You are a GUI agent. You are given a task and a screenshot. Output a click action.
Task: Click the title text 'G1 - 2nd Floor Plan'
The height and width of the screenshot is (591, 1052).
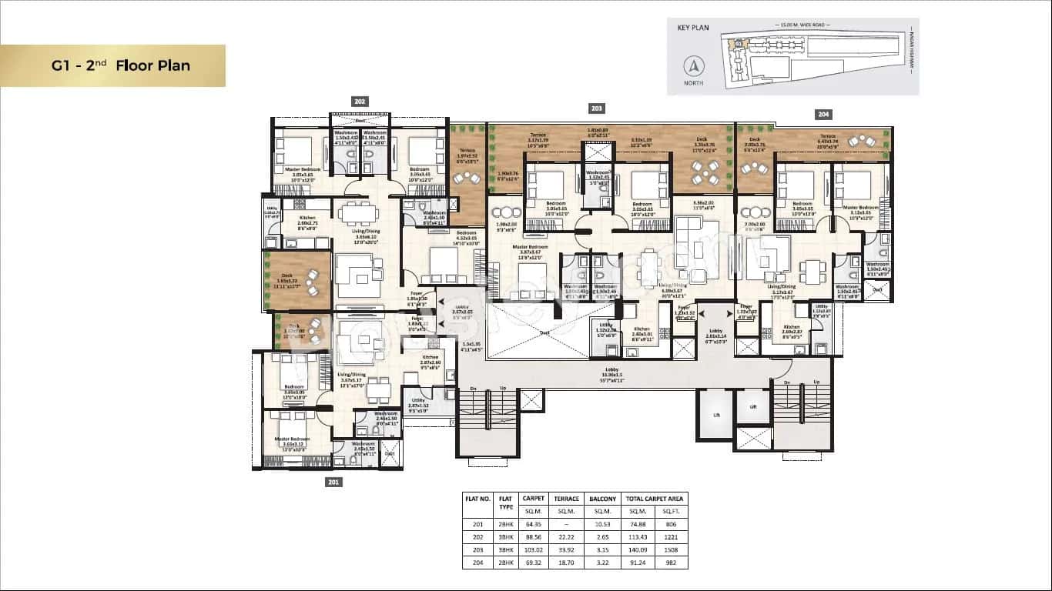tap(121, 65)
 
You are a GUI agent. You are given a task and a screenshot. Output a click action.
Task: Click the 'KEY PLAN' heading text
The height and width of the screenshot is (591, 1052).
tap(692, 28)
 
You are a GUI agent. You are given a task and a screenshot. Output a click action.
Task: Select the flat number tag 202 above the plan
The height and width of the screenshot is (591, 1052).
tap(360, 102)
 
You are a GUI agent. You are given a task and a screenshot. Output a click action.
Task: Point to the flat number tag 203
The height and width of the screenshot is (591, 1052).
tap(597, 109)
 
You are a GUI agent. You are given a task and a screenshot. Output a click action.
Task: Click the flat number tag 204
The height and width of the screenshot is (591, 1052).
tap(823, 114)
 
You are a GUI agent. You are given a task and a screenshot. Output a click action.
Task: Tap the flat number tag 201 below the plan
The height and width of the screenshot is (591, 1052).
tap(333, 482)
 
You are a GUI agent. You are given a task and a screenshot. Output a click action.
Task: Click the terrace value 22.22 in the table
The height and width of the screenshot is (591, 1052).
tap(567, 537)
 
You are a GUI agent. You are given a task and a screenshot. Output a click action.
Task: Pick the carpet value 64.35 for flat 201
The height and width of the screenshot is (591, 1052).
tap(533, 524)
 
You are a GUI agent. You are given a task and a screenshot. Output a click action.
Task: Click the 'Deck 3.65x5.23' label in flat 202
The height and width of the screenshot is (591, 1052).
tap(287, 281)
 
